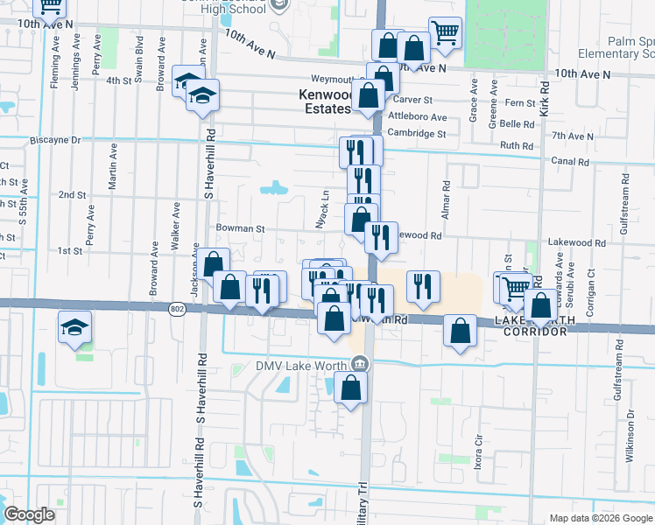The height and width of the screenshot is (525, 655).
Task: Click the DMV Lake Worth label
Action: coord(302,367)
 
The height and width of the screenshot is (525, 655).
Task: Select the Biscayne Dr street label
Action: coord(54,140)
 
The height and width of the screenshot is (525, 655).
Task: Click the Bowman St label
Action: coord(240,228)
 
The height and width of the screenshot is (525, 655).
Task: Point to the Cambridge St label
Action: coord(418,134)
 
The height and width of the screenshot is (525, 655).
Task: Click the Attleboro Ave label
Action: coord(418,117)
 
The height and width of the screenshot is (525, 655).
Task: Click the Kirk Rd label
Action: coord(545,98)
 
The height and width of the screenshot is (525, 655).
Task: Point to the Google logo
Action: coord(29,514)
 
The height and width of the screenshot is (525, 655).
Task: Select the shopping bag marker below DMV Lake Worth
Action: coord(350,389)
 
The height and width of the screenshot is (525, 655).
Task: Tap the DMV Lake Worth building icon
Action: coord(360,365)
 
